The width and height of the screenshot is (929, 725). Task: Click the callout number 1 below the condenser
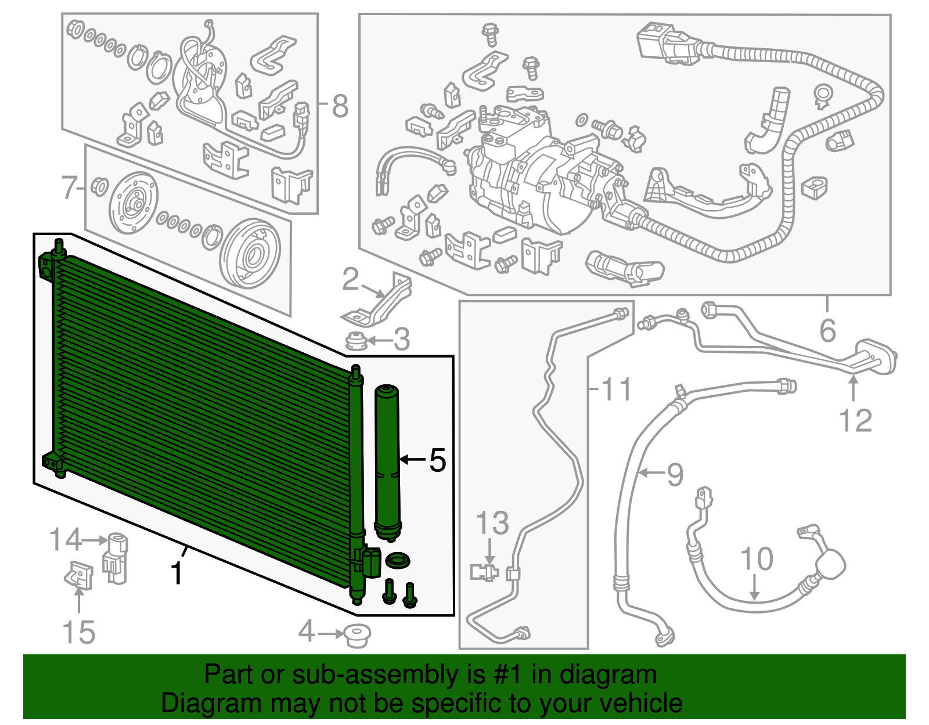pyautogui.click(x=176, y=573)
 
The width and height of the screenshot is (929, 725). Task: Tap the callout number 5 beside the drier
pyautogui.click(x=437, y=460)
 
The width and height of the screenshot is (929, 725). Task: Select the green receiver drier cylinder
pyautogui.click(x=387, y=462)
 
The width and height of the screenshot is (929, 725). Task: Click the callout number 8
pyautogui.click(x=340, y=106)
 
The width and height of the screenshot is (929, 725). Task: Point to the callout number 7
pyautogui.click(x=70, y=187)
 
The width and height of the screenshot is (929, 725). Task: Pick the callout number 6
pyautogui.click(x=827, y=330)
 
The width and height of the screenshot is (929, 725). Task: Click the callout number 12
pyautogui.click(x=855, y=420)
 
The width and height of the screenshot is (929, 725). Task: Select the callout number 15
pyautogui.click(x=78, y=632)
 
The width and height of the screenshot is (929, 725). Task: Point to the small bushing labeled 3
pyautogui.click(x=356, y=340)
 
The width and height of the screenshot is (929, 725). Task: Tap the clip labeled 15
pyautogui.click(x=78, y=575)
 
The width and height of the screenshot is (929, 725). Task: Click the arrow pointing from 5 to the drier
pyautogui.click(x=413, y=460)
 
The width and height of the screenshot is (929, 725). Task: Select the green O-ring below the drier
pyautogui.click(x=398, y=560)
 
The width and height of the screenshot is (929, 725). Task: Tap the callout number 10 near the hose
pyautogui.click(x=757, y=558)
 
